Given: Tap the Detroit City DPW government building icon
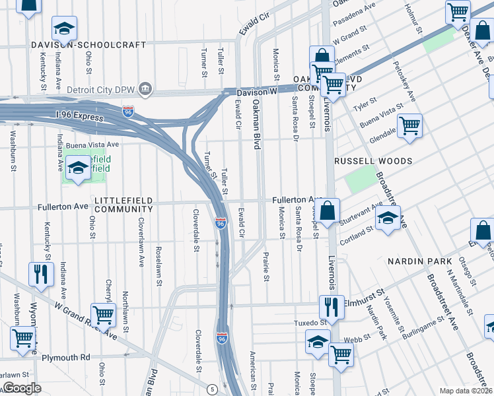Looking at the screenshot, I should [147, 88].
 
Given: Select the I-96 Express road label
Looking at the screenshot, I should [80, 117].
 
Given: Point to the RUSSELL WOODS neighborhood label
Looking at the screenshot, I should [373, 161].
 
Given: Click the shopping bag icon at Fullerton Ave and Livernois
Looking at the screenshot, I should [328, 211].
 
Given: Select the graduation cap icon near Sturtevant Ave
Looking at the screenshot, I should [388, 219].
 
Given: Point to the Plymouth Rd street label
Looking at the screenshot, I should [67, 357].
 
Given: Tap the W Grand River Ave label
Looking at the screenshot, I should [87, 322].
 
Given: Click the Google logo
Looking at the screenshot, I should [22, 388].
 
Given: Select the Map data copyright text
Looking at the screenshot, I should [465, 391].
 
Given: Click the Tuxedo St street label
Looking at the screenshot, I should [310, 323].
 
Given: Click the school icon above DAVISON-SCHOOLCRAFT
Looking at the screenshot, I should [65, 28].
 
